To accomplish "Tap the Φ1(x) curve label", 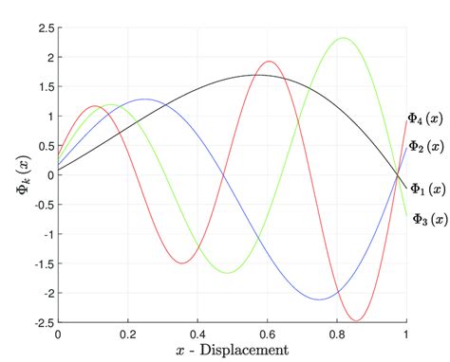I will pyautogui.click(x=428, y=190).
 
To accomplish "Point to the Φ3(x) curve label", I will pyautogui.click(x=430, y=219).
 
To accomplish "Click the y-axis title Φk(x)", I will pyautogui.click(x=20, y=175).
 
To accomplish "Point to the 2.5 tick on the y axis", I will pyautogui.click(x=45, y=28).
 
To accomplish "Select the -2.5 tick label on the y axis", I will pyautogui.click(x=43, y=322).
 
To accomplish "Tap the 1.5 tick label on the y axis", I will pyautogui.click(x=45, y=87).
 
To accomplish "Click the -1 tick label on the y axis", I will pyautogui.click(x=47, y=234).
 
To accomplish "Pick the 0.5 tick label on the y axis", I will pyautogui.click(x=45, y=146).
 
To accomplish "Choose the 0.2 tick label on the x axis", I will pyautogui.click(x=127, y=335).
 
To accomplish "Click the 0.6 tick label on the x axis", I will pyautogui.click(x=267, y=335).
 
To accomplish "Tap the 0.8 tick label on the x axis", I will pyautogui.click(x=337, y=335).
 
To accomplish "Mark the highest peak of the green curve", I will pyautogui.click(x=343, y=38).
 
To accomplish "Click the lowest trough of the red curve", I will pyautogui.click(x=357, y=320).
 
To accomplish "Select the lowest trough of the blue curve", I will pyautogui.click(x=320, y=299).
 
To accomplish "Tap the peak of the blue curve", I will pyautogui.click(x=144, y=99).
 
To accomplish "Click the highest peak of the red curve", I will pyautogui.click(x=270, y=62).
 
